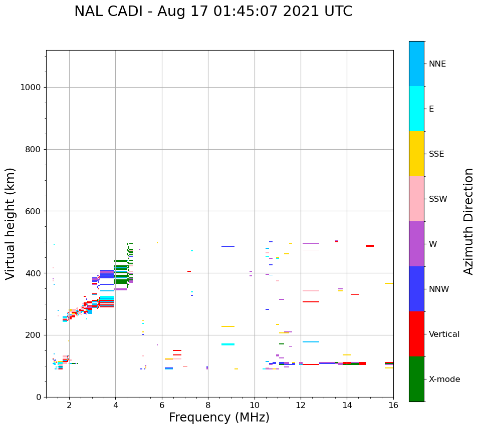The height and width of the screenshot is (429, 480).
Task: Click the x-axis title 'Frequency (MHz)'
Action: point(219,417)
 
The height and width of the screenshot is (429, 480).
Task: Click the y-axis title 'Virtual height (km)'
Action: point(11,224)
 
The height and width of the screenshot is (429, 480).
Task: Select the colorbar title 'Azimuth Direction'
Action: point(468,221)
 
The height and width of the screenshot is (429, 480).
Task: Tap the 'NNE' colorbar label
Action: point(437,64)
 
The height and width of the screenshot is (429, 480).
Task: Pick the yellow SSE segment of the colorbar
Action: point(416,154)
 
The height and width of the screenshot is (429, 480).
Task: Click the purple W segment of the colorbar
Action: point(416,244)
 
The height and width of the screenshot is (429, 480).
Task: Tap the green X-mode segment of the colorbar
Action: point(416,379)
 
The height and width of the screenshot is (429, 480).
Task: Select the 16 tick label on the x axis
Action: point(393,404)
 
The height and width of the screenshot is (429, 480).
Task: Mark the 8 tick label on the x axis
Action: point(208,404)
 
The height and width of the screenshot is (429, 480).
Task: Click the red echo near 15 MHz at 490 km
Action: point(370,246)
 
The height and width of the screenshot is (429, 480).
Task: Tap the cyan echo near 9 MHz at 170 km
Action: point(228,344)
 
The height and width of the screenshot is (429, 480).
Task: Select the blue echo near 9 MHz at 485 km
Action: point(228,246)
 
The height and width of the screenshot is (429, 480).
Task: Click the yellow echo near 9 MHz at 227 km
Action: point(228,326)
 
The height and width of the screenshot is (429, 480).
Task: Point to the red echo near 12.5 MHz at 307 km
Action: point(311,302)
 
